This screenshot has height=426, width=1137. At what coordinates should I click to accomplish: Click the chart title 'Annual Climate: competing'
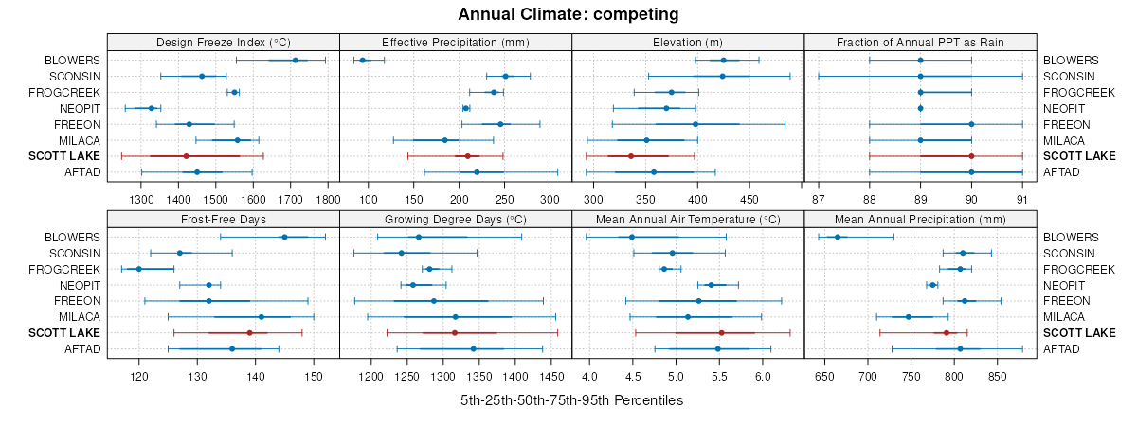(568, 14)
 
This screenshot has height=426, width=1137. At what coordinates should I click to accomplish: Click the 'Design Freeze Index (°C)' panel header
(224, 42)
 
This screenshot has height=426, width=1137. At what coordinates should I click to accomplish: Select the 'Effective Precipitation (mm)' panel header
(455, 42)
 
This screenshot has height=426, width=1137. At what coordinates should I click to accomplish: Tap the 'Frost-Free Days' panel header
(224, 219)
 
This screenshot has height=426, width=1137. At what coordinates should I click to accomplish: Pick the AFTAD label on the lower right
(1062, 349)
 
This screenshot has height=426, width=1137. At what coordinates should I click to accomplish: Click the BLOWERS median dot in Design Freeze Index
(296, 60)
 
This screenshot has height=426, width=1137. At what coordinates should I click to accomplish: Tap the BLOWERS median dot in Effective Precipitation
(363, 60)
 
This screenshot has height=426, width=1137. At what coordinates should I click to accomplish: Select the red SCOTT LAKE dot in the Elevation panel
(631, 156)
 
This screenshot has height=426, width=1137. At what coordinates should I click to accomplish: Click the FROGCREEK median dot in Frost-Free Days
(139, 269)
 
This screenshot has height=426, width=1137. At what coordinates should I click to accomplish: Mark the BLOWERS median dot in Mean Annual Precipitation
(838, 237)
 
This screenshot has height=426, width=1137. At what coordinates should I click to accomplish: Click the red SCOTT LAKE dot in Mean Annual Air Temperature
(721, 333)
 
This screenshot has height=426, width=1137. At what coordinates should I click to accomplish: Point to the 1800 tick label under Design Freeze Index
(327, 200)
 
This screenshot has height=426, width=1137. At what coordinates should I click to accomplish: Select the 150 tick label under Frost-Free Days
(314, 377)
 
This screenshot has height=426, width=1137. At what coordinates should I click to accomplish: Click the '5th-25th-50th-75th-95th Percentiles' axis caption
(571, 400)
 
